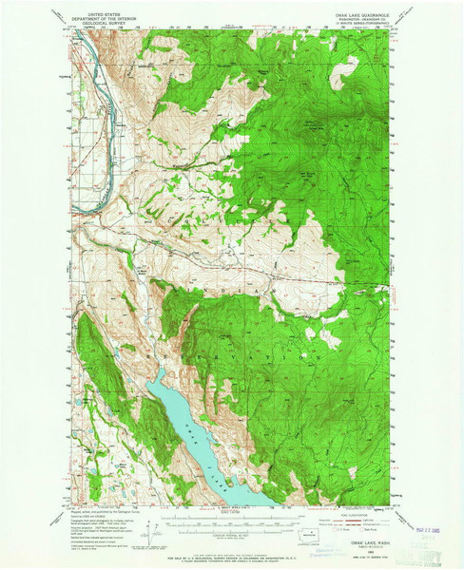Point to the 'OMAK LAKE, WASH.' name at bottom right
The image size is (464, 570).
362,518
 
